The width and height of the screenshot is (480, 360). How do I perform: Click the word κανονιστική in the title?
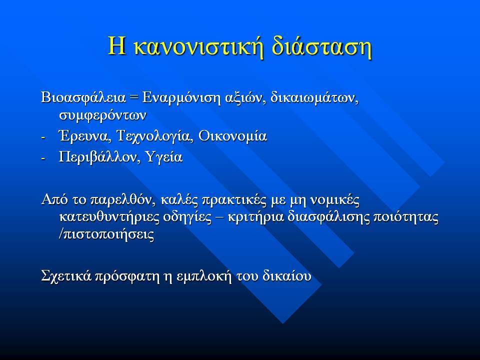click(198, 46)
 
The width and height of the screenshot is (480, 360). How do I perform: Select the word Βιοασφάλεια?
click(83, 98)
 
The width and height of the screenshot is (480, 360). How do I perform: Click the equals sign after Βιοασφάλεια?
click(134, 98)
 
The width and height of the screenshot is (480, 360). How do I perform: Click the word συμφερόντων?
click(103, 115)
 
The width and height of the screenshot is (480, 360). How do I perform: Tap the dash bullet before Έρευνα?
click(43, 137)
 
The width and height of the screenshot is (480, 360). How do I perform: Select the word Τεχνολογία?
click(155, 136)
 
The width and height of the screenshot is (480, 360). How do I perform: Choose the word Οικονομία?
click(232, 136)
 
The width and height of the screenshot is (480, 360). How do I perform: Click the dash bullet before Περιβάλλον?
click(43, 158)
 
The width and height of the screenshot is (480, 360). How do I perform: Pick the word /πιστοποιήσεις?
click(106, 235)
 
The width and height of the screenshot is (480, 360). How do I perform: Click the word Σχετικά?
click(66, 276)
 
